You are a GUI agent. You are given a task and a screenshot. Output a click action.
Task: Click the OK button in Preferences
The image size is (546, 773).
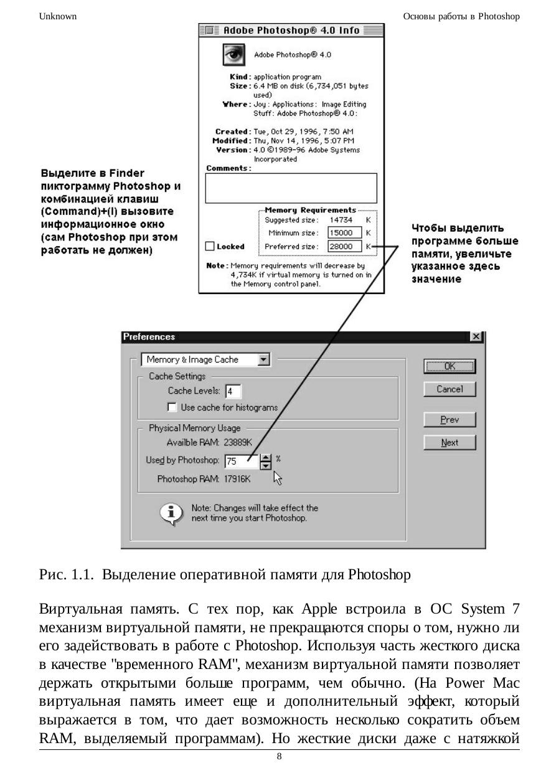tap(450, 366)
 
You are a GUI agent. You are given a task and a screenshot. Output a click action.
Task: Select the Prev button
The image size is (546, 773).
tap(450, 420)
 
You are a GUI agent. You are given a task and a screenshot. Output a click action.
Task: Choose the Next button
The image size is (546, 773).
tap(450, 443)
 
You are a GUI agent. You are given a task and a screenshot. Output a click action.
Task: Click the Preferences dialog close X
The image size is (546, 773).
tap(476, 336)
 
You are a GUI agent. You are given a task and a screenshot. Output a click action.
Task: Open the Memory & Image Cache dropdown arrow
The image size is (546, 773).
tap(263, 359)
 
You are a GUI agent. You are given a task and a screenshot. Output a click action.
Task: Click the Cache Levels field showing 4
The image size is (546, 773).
tap(233, 392)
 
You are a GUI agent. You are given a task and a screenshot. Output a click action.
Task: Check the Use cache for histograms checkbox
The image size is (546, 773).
tap(172, 407)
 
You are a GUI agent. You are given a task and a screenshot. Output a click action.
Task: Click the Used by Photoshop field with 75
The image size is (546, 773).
tap(240, 462)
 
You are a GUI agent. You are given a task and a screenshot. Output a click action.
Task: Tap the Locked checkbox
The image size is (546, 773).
tap(210, 246)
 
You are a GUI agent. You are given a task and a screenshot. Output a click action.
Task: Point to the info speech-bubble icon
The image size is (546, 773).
tap(172, 513)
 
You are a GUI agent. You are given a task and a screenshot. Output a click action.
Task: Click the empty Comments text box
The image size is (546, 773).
tap(291, 188)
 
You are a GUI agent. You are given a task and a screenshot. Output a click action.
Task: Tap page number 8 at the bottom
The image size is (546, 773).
tap(279, 756)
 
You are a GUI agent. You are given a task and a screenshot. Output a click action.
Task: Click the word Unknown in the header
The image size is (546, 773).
tap(58, 16)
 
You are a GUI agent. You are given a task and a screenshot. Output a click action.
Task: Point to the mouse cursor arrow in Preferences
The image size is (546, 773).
tap(278, 477)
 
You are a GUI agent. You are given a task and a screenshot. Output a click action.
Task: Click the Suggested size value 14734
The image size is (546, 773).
tap(342, 220)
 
